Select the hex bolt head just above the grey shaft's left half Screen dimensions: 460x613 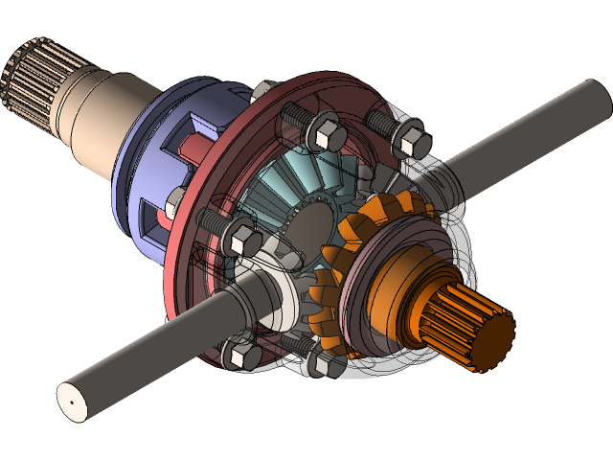[x=241, y=234]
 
